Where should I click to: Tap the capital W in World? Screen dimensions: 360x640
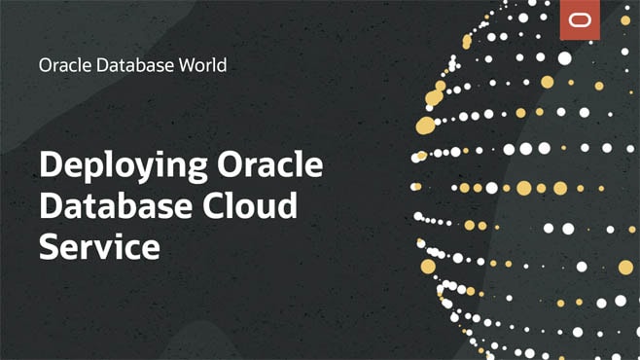pyautogui.click(x=174, y=66)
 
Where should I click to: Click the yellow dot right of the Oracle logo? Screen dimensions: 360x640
pyautogui.click(x=625, y=19)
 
